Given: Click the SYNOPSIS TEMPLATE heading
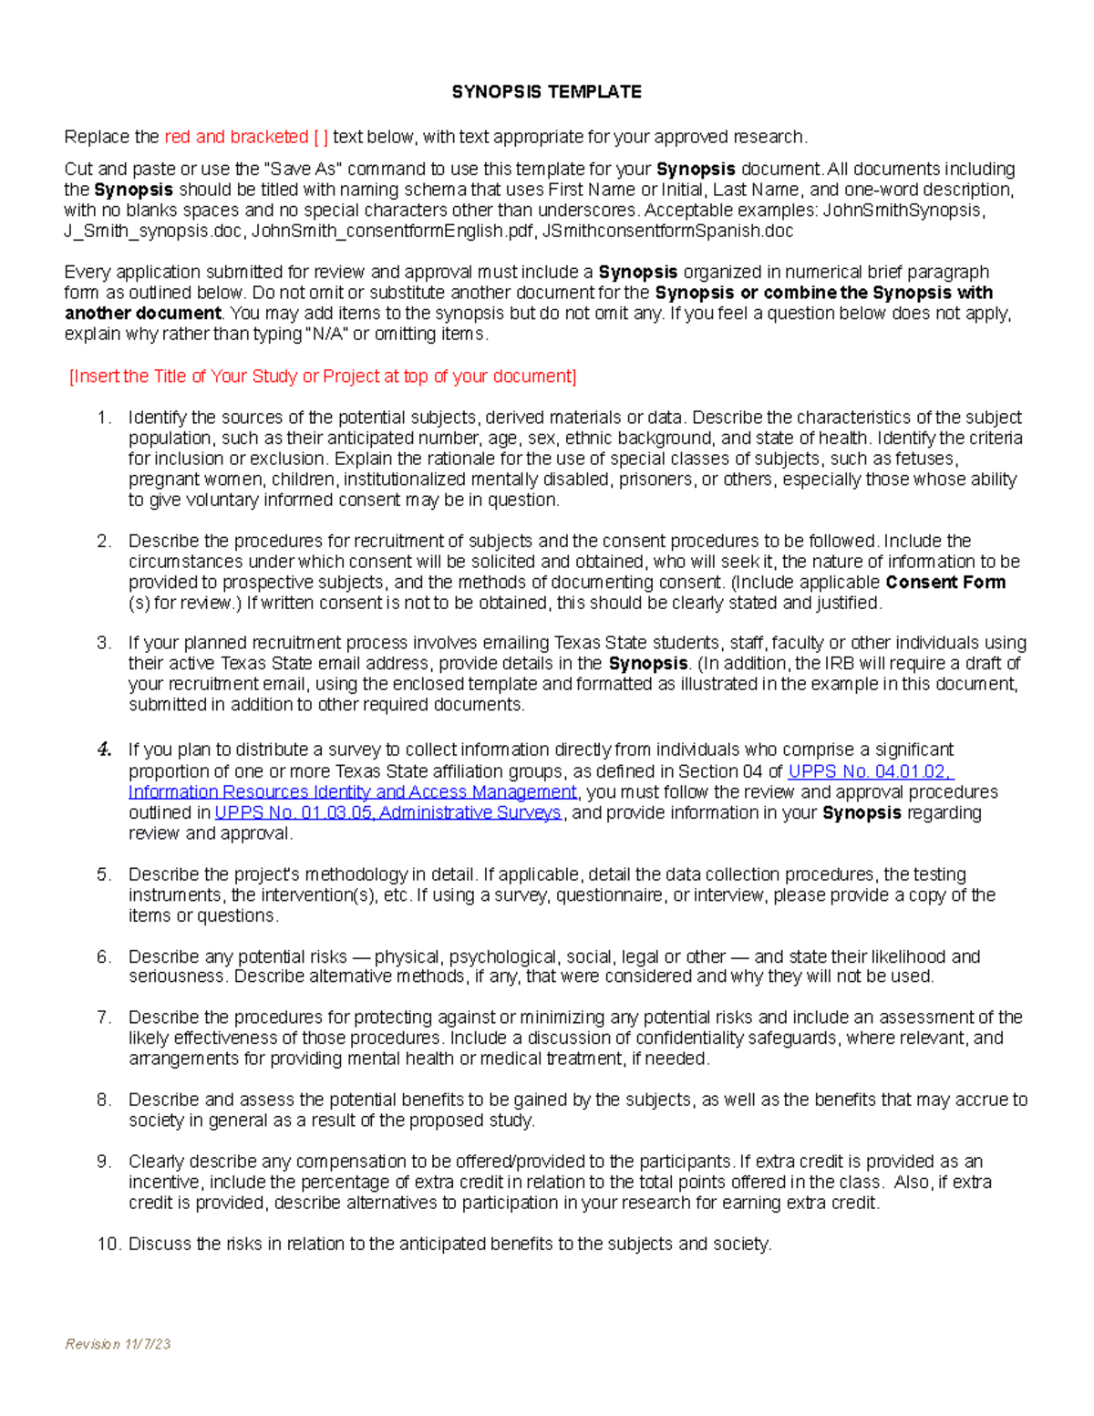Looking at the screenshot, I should point(546,92).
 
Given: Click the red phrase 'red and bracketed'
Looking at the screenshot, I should point(236,138).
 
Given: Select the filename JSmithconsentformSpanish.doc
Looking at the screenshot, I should point(667,232).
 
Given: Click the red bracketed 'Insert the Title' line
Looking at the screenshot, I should point(323,377).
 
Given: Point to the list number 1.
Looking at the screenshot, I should point(104,418).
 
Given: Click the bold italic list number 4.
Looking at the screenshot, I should point(104,749).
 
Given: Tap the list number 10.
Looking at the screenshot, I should point(108,1244).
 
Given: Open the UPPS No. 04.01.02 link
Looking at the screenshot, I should point(870,771).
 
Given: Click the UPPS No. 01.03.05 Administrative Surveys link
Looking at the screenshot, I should point(388,812).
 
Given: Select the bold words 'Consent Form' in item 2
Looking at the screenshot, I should point(945,583).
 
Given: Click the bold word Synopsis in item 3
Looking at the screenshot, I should point(647,664).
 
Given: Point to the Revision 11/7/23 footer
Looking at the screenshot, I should point(118,1344).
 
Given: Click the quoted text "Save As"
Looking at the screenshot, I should point(302,170).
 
